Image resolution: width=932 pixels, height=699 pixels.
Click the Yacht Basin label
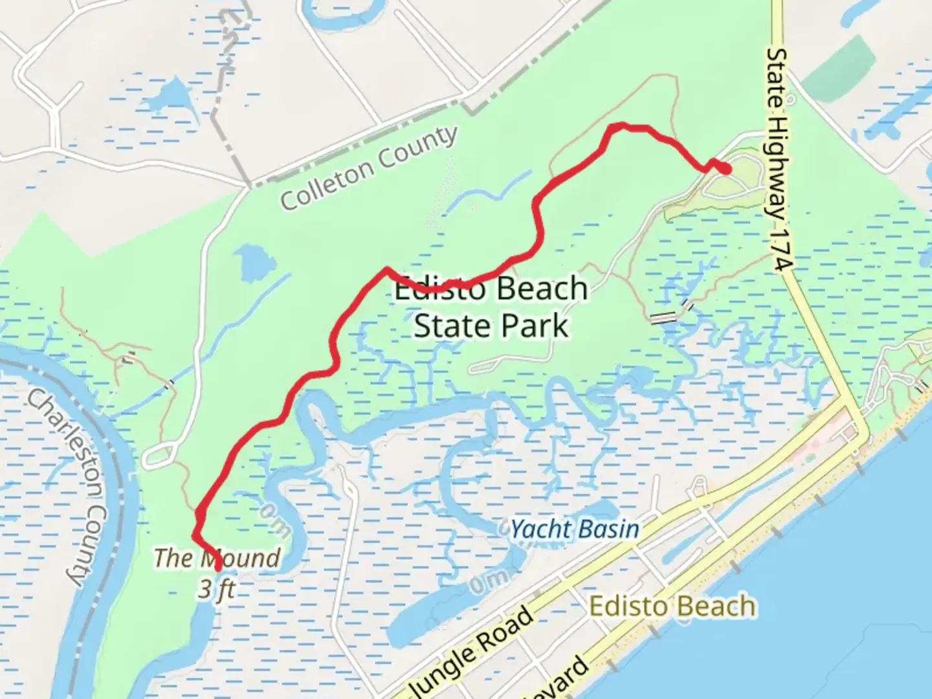[575, 529]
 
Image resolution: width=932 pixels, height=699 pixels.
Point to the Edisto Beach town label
[672, 607]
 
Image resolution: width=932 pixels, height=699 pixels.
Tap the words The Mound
[217, 557]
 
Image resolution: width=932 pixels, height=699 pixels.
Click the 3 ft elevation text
[217, 590]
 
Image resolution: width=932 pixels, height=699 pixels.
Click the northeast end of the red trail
[726, 169]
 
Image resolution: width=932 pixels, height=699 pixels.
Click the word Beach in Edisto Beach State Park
[543, 289]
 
